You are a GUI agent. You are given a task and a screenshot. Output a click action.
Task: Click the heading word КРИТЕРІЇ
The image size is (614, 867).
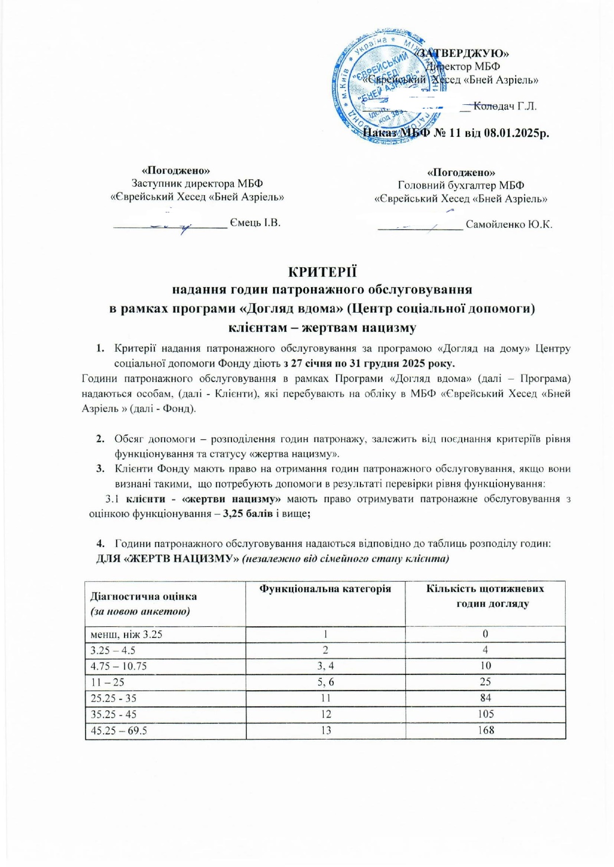(322, 272)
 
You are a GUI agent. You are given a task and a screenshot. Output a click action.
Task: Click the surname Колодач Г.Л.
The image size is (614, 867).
(505, 106)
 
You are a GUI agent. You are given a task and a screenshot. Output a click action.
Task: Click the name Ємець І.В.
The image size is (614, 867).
(255, 223)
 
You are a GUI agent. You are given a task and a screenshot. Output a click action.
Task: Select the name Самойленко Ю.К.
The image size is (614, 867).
(509, 225)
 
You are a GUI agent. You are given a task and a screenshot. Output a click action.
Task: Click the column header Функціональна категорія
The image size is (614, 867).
(325, 589)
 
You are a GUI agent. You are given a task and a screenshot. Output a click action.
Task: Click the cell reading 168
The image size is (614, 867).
(485, 730)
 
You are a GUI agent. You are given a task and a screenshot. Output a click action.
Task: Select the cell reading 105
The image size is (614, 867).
(485, 714)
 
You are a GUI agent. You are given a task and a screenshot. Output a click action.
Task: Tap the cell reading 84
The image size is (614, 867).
(485, 698)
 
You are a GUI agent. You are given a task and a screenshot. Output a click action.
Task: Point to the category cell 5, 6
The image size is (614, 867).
(325, 682)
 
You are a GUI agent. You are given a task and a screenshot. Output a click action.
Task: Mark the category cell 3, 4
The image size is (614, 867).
(325, 666)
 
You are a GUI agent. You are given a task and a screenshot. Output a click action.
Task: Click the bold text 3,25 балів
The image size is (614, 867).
(248, 514)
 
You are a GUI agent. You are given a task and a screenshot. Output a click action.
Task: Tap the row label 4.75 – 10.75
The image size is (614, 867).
(119, 666)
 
